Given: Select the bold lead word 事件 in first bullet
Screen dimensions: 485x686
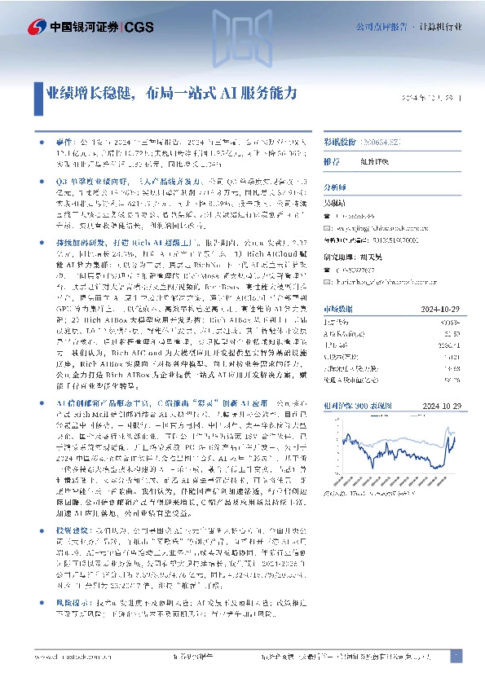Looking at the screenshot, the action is tap(64, 141).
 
